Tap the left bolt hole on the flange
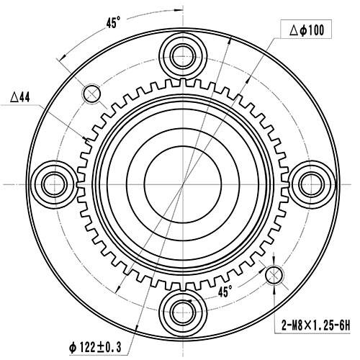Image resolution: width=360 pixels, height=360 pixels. tap(54, 184)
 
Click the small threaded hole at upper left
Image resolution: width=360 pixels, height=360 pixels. tap(92, 92)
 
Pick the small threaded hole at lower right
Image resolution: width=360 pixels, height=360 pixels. tap(274, 274)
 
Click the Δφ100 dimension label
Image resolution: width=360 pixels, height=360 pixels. tap(307, 30)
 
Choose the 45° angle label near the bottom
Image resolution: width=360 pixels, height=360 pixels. tap(225, 292)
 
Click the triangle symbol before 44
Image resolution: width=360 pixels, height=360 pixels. tap(15, 96)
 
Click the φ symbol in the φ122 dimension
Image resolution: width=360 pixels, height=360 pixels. tap(73, 347)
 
